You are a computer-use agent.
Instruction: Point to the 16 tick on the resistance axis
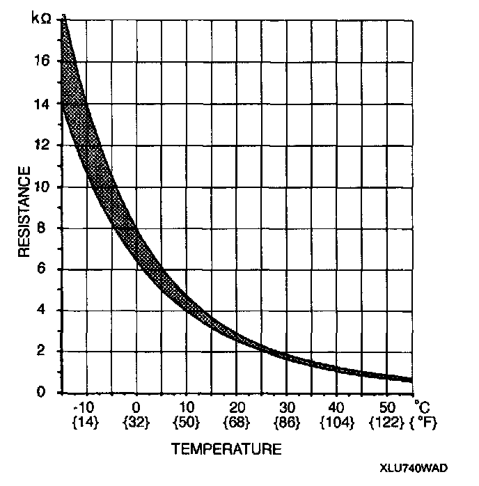click(x=44, y=61)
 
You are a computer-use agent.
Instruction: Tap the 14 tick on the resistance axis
click(x=44, y=104)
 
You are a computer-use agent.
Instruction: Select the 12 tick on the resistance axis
click(x=44, y=145)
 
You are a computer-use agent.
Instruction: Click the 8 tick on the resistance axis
click(x=47, y=228)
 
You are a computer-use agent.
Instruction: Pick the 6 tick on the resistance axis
click(x=47, y=269)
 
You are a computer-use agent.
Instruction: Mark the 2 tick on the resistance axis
click(x=47, y=351)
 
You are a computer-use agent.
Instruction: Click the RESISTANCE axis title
click(x=24, y=212)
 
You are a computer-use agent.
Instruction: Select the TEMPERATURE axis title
click(x=227, y=449)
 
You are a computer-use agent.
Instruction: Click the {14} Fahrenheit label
click(x=86, y=422)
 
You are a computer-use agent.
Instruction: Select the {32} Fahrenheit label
click(x=136, y=422)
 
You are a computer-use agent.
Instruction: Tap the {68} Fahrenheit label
click(x=236, y=422)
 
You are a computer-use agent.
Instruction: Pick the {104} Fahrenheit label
click(x=336, y=422)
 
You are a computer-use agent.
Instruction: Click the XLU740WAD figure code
click(x=414, y=468)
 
